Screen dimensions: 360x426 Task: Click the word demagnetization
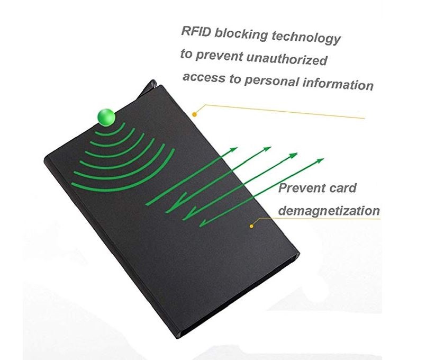(x=329, y=211)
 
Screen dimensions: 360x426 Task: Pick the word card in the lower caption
(x=342, y=188)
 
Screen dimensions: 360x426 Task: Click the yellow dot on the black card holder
(x=252, y=226)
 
